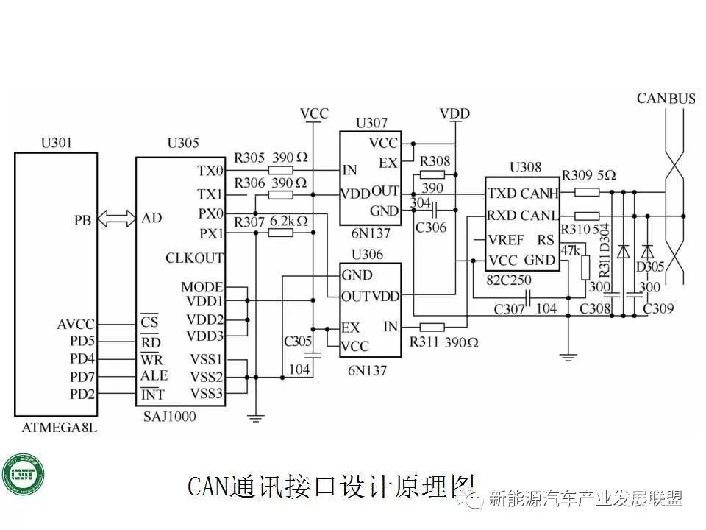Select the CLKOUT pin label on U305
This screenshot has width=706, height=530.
pyautogui.click(x=195, y=258)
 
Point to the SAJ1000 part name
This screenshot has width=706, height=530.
pyautogui.click(x=171, y=417)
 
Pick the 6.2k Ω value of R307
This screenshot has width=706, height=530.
pyautogui.click(x=289, y=221)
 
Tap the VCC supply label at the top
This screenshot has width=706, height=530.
pyautogui.click(x=314, y=114)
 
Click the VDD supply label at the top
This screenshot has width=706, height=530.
pyautogui.click(x=454, y=114)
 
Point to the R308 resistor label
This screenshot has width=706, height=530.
pyautogui.click(x=435, y=161)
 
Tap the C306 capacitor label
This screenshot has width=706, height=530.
pyautogui.click(x=431, y=227)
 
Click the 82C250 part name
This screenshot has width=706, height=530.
pyautogui.click(x=509, y=280)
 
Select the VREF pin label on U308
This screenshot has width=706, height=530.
pyautogui.click(x=506, y=239)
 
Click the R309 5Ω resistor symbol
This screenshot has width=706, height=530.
pyautogui.click(x=586, y=192)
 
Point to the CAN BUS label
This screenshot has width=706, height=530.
pyautogui.click(x=666, y=98)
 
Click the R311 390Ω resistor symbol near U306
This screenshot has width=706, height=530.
pyautogui.click(x=432, y=326)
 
